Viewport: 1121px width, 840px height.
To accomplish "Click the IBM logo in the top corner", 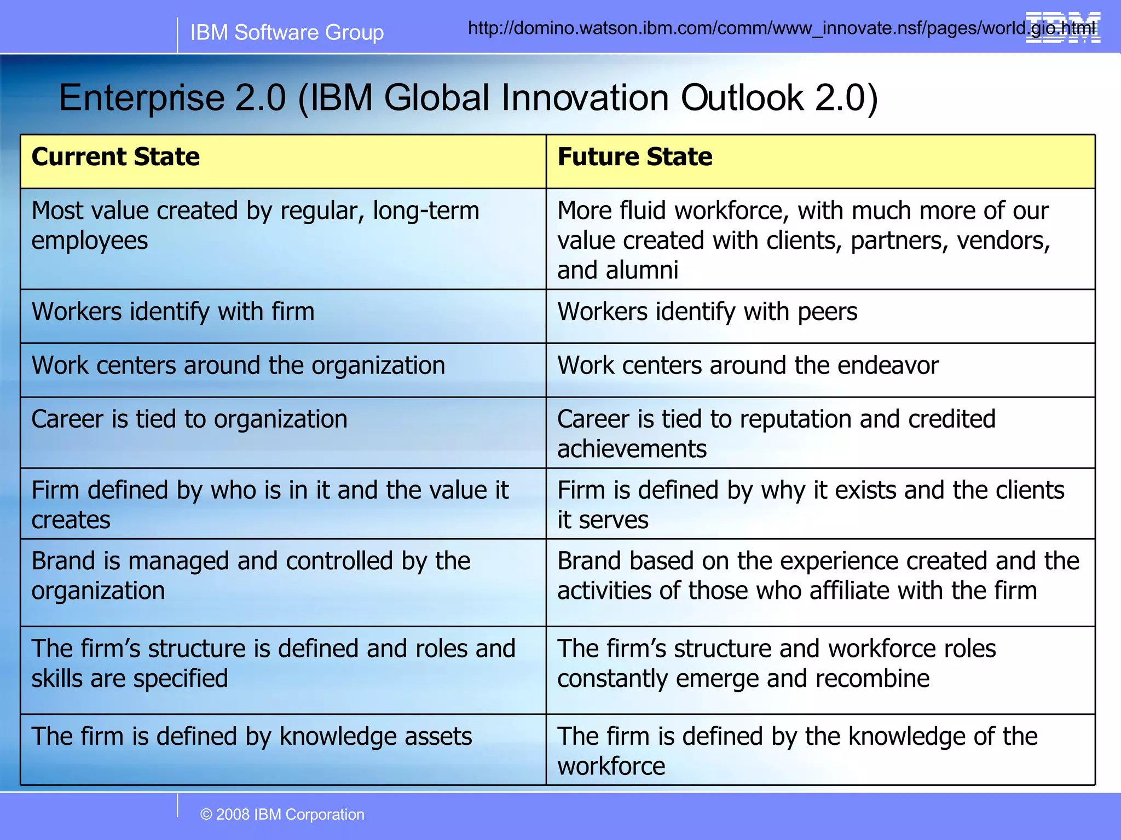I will point(1062,27).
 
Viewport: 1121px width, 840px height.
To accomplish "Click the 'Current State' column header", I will point(115,157).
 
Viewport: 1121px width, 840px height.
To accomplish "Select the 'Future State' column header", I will point(634,157).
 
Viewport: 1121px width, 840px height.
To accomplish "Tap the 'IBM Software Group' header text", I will point(287,33).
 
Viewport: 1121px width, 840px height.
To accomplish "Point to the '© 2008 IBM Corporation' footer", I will point(282,814).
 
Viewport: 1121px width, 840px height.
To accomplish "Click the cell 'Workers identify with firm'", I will point(173,312).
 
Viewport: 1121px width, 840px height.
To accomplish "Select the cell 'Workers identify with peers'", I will point(707,312).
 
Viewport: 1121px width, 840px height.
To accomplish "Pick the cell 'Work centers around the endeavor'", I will point(748,365).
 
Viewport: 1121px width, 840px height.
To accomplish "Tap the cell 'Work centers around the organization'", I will point(238,365).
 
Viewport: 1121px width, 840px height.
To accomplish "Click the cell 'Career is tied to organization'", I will point(189,419).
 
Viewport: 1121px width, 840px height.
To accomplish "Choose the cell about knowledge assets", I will point(252,736).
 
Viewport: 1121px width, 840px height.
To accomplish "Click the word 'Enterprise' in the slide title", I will point(141,98).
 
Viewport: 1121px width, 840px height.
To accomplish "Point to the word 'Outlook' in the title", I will point(742,98).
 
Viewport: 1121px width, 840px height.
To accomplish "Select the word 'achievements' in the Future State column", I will point(632,449).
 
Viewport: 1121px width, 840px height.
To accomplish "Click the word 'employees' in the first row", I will point(90,241).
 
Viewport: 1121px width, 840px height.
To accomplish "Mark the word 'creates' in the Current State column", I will point(71,520).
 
